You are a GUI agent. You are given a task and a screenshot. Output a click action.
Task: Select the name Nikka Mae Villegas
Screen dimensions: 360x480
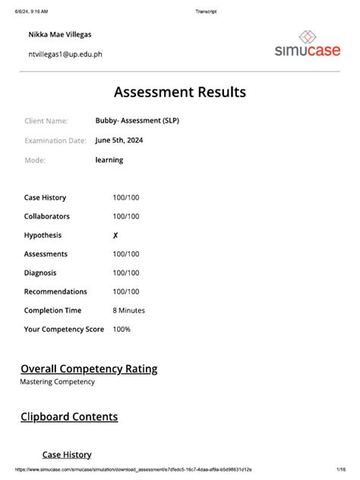65,35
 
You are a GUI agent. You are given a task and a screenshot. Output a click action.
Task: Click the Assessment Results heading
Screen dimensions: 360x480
180,92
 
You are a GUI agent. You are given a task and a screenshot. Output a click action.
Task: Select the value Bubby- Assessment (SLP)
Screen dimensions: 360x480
137,121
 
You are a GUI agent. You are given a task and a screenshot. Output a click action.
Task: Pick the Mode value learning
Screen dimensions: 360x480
109,160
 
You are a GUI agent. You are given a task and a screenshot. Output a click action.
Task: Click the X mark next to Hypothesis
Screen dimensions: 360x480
115,235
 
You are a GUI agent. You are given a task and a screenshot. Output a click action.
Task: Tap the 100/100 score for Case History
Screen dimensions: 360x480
126,197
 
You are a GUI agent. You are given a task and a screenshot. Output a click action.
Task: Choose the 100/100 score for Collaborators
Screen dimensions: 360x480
126,216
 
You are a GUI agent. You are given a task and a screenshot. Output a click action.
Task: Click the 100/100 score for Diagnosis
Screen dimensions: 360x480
126,273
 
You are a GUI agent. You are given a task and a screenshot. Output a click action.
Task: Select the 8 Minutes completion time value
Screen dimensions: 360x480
128,311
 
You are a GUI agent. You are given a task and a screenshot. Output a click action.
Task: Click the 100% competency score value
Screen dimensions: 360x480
122,330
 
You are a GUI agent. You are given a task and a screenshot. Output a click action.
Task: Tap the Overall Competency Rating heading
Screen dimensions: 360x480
89,369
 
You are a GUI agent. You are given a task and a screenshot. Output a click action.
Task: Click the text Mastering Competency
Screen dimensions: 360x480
58,382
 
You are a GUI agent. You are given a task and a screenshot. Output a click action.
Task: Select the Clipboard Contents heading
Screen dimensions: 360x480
69,417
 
